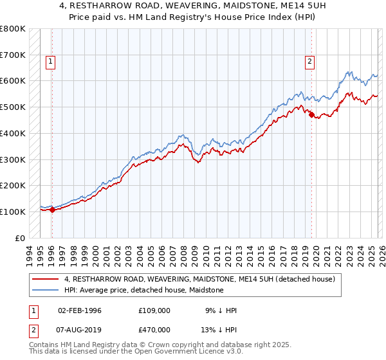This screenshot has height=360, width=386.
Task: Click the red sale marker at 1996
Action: click(x=52, y=210)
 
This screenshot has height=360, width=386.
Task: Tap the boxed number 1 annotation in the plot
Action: click(x=50, y=62)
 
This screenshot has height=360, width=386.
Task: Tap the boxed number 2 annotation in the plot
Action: click(x=309, y=62)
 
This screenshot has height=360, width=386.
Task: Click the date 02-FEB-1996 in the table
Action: click(x=79, y=310)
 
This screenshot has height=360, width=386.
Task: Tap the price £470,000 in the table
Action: click(x=154, y=329)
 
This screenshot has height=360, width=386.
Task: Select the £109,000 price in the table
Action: click(x=154, y=310)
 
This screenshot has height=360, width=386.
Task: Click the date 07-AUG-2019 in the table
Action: click(x=79, y=329)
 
